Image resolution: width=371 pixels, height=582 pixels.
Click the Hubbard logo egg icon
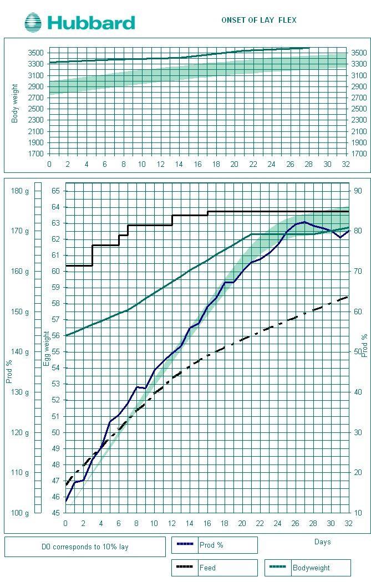[33, 23]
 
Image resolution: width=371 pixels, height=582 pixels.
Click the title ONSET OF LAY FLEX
[258, 20]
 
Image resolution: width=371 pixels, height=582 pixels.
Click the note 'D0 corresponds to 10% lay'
[85, 547]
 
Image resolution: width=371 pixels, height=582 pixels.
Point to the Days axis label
[322, 542]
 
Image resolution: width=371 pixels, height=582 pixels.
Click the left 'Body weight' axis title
[15, 103]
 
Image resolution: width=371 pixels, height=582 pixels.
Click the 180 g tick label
[19, 191]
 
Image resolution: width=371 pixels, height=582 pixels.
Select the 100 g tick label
[19, 513]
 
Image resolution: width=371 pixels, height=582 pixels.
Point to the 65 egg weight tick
[55, 191]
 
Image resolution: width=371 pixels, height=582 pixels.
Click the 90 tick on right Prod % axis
[358, 191]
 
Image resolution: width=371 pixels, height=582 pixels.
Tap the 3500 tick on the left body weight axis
[35, 53]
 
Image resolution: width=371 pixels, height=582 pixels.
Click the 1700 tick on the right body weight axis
[358, 154]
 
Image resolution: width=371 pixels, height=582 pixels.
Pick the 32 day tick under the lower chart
[348, 524]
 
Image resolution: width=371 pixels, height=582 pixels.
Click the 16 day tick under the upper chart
[197, 164]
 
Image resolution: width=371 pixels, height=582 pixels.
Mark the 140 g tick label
[19, 351]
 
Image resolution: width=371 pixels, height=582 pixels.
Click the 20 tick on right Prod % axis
[358, 472]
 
